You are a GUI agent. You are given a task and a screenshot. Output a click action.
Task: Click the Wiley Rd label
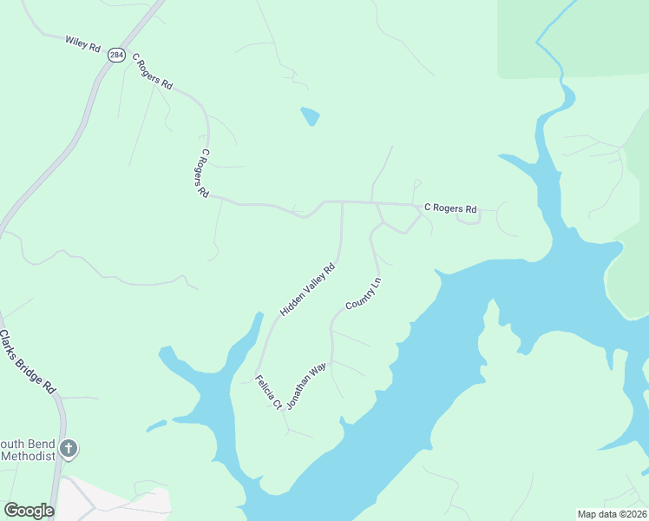coord(83,43)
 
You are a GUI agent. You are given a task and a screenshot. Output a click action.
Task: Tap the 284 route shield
coord(116,55)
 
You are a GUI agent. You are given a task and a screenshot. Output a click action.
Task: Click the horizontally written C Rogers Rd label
coord(450,209)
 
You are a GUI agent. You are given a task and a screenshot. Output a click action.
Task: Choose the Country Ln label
coord(364,293)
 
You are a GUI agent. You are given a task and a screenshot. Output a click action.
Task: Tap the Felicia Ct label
coord(268,392)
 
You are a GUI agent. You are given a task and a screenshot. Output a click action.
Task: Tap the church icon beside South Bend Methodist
coord(69,449)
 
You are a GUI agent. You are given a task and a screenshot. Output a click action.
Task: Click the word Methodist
coord(28,455)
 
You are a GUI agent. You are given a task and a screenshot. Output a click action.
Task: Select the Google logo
coord(29,511)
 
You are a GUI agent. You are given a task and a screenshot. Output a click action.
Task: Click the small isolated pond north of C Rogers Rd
coord(310,115)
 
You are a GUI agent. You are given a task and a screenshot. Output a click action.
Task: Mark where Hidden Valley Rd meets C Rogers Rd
coord(342,202)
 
